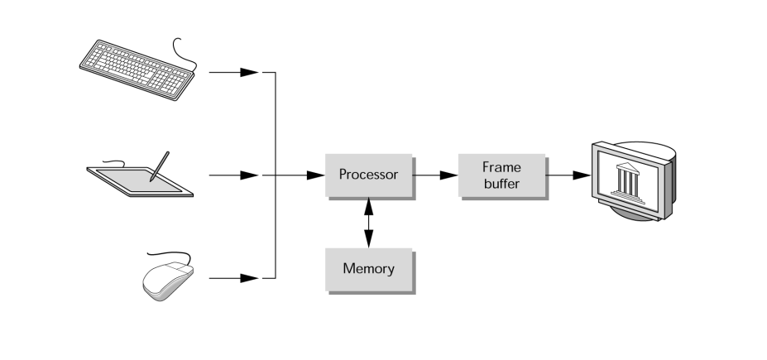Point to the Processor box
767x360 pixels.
(x=368, y=175)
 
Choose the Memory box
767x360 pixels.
(x=368, y=268)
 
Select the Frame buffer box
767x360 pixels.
(x=501, y=175)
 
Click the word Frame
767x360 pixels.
(x=501, y=167)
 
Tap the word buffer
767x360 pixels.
(x=501, y=184)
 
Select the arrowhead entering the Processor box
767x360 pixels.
(x=315, y=175)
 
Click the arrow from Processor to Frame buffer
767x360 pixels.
(x=436, y=175)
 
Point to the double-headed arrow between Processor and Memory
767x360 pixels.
(x=369, y=222)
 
